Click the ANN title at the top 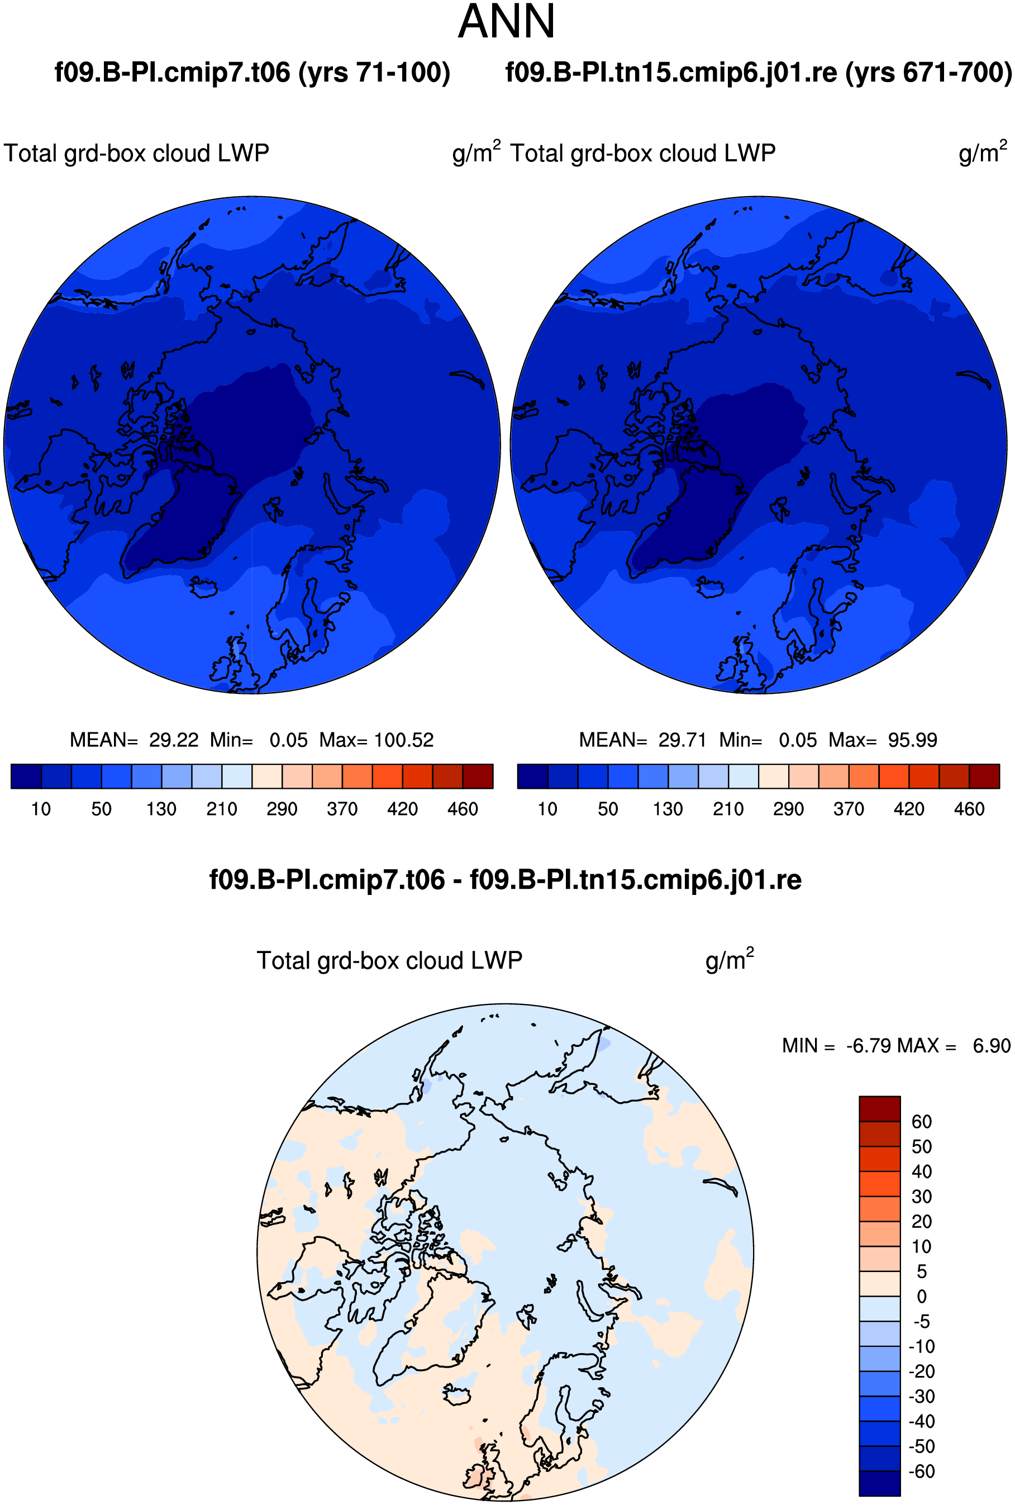point(506,21)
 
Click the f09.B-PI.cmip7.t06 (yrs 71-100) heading point(252,73)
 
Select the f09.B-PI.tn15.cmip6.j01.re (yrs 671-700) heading point(759,73)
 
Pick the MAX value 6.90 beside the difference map point(992,1045)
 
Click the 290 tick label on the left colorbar point(282,809)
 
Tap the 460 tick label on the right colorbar point(969,809)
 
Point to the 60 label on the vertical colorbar point(921,1122)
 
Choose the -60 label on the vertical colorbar point(922,1471)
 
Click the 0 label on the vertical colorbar point(922,1297)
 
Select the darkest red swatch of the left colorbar point(478,776)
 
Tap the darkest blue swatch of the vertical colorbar point(879,1483)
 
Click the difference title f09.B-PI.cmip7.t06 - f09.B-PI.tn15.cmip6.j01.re point(505,880)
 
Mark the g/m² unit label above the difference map point(730,959)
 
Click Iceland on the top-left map point(203,588)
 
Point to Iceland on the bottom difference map point(457,1395)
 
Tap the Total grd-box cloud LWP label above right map point(643,154)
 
